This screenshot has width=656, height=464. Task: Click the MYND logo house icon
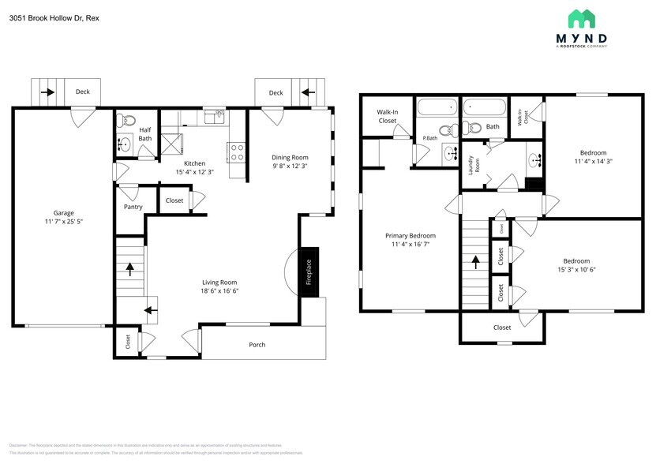coord(583,19)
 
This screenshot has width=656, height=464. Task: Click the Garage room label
coord(63,213)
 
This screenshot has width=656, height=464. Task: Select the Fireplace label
coord(309,273)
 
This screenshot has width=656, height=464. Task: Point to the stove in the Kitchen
coord(235,150)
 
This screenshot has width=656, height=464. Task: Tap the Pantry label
coord(133,207)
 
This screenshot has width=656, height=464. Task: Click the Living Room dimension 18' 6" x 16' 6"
coord(219,291)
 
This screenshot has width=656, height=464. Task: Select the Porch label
coord(257,345)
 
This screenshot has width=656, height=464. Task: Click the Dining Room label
coord(290,157)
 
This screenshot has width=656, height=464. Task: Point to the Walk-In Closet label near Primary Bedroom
coord(387,116)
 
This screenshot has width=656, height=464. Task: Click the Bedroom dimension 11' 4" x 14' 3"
coord(593,162)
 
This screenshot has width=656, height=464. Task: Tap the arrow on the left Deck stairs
coord(47,92)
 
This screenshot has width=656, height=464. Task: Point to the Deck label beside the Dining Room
coord(276,93)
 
